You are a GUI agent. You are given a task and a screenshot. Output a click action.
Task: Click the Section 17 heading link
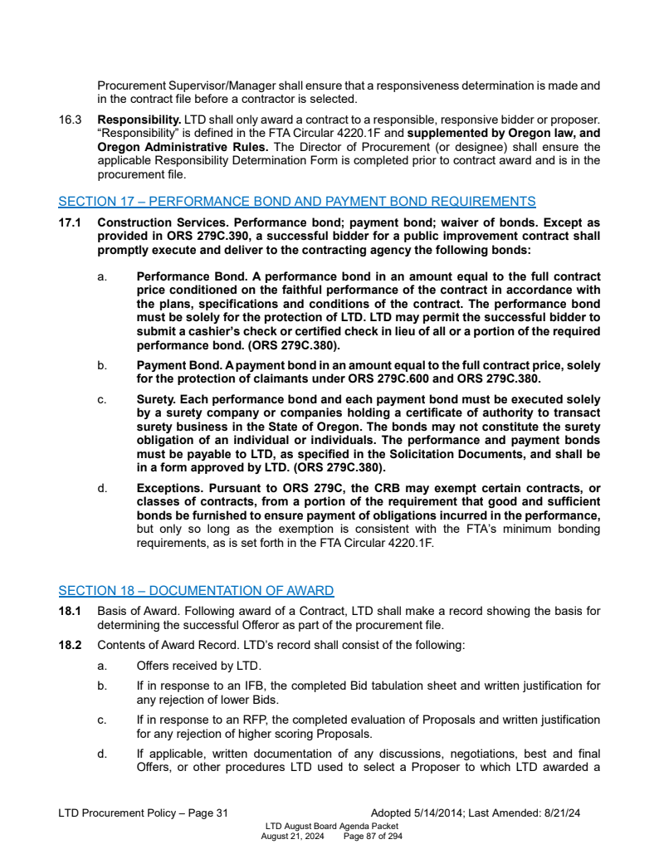pyautogui.click(x=296, y=201)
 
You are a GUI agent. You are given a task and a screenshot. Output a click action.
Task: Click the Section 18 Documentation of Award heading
pyautogui.click(x=196, y=591)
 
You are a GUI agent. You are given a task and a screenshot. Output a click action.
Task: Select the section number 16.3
pyautogui.click(x=70, y=121)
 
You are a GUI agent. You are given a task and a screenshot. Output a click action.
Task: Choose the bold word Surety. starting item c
pyautogui.click(x=157, y=400)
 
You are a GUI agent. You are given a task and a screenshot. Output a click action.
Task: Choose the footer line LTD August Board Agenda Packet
pyautogui.click(x=331, y=827)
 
